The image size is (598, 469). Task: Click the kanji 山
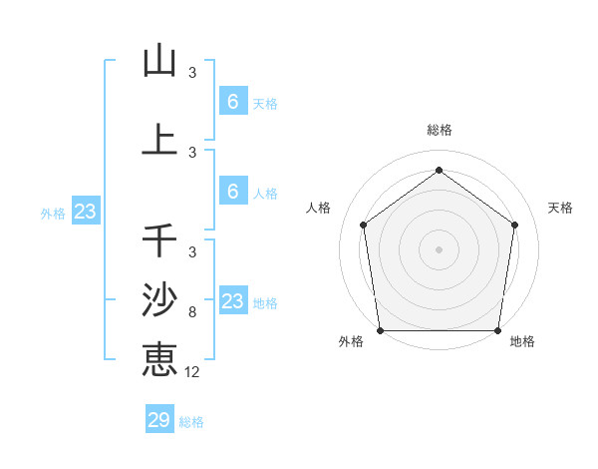pyautogui.click(x=160, y=61)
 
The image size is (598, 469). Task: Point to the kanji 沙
pyautogui.click(x=160, y=299)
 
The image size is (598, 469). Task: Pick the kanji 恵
pyautogui.click(x=160, y=358)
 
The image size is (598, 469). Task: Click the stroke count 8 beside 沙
pyautogui.click(x=192, y=312)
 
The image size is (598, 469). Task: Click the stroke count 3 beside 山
pyautogui.click(x=192, y=73)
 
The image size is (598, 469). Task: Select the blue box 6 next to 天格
pyautogui.click(x=232, y=102)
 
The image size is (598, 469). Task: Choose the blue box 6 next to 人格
pyautogui.click(x=232, y=192)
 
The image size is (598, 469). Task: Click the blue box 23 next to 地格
pyautogui.click(x=232, y=301)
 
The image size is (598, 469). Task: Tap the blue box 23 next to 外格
pyautogui.click(x=85, y=212)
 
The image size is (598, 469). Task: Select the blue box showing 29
pyautogui.click(x=158, y=420)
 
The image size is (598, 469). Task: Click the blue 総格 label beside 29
pyautogui.click(x=192, y=422)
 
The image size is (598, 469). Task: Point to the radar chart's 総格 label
pyautogui.click(x=439, y=130)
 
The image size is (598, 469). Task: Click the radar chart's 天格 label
pyautogui.click(x=560, y=208)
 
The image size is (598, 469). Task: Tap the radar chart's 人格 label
pyautogui.click(x=318, y=208)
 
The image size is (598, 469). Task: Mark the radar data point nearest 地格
pyautogui.click(x=498, y=330)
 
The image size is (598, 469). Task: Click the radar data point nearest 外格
pyautogui.click(x=380, y=330)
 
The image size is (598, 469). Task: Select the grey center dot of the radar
pyautogui.click(x=439, y=248)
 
